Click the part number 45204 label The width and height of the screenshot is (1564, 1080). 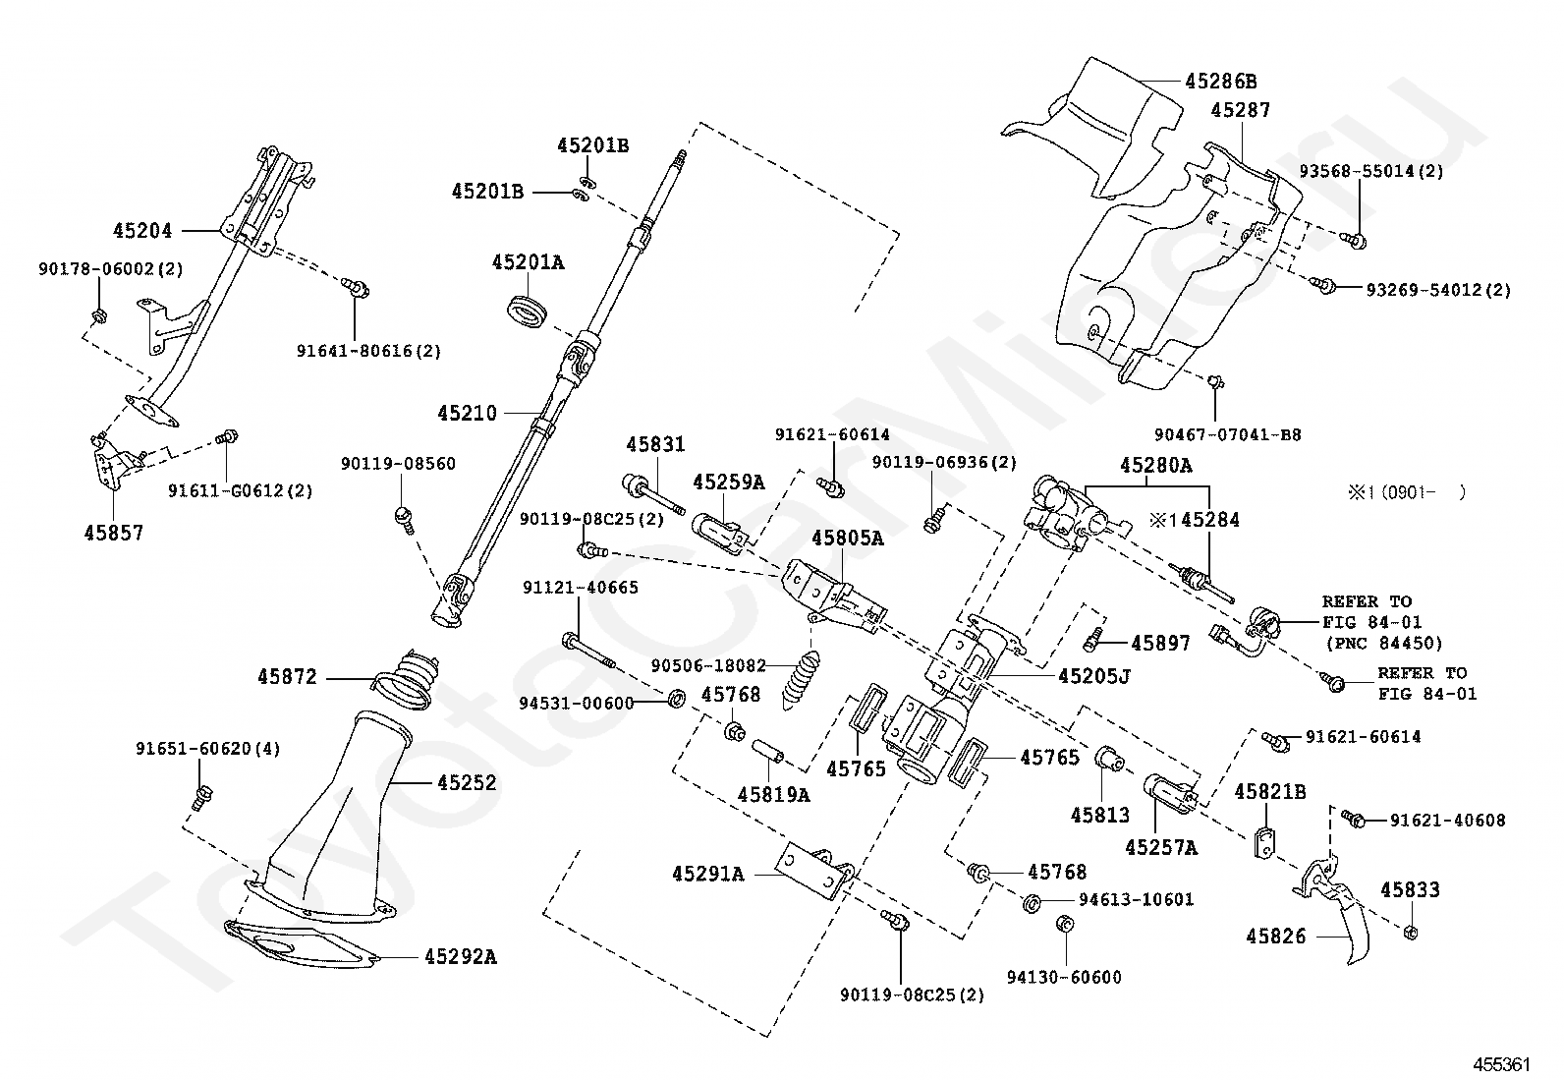[142, 231]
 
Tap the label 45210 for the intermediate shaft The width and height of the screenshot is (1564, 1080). [468, 414]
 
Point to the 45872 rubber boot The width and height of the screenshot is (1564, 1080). [405, 678]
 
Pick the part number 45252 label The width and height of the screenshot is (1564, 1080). [467, 783]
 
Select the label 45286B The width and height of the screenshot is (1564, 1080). [1220, 81]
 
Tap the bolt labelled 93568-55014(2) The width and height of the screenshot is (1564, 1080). [1357, 238]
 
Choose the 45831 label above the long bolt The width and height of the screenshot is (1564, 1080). [655, 445]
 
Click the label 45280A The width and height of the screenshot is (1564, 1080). [1154, 465]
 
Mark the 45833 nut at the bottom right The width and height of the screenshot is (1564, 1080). [1407, 932]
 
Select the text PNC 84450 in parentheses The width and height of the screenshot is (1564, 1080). [1384, 644]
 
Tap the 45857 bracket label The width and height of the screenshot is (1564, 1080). [113, 533]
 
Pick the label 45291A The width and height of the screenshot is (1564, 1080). [708, 873]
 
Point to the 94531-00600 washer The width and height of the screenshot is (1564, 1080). [677, 700]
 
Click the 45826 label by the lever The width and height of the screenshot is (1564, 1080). [1276, 937]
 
